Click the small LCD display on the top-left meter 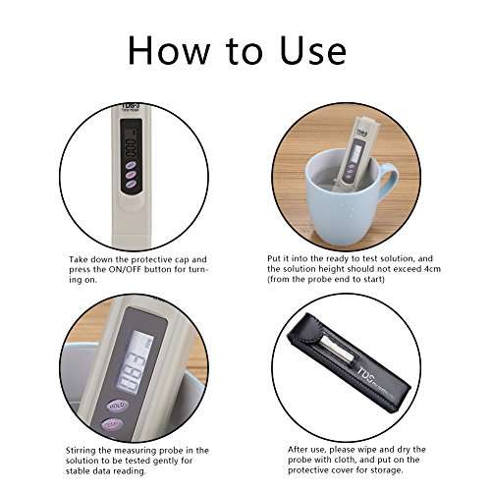(129, 148)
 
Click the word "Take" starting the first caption (80, 257)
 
